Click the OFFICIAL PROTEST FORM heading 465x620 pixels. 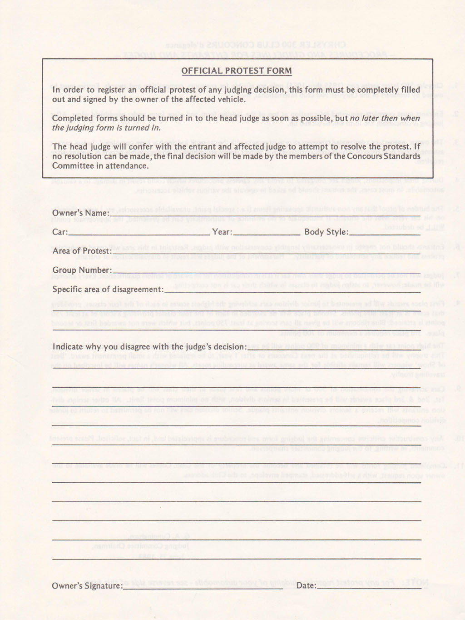236,71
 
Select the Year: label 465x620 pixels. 222,232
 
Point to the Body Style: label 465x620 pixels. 326,232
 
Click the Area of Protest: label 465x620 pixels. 82,251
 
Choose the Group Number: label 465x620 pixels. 82,270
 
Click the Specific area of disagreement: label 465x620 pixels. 108,289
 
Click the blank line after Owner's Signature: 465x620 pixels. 203,587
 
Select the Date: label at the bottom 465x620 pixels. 306,585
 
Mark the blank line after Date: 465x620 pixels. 369,587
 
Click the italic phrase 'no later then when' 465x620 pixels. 385,118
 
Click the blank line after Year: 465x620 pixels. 267,234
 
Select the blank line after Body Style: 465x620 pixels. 385,234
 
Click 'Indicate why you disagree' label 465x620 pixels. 149,347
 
